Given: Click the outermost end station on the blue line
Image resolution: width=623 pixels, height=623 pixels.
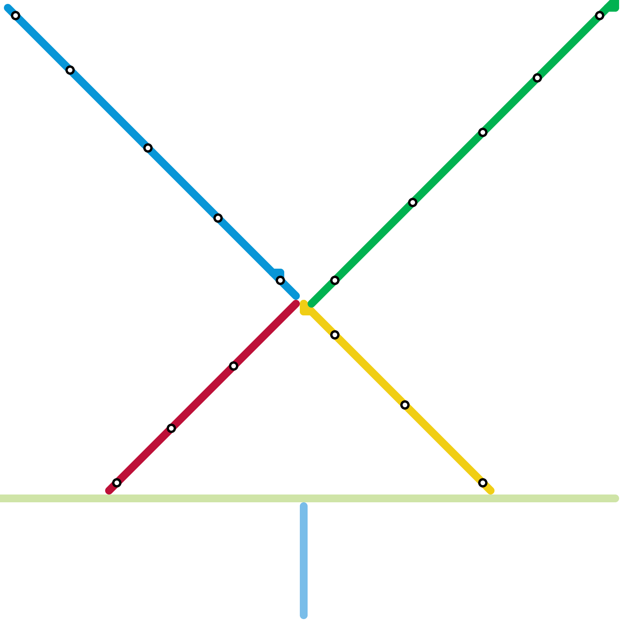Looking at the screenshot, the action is coord(16,16).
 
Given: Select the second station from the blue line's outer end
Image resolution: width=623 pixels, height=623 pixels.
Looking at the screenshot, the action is coord(70,70).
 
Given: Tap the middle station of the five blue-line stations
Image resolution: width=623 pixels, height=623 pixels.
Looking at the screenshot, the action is coord(148,148).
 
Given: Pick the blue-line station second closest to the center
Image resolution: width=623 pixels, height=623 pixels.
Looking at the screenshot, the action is coord(218,218).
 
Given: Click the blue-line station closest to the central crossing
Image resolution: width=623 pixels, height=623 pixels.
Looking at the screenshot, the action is coord(280,280).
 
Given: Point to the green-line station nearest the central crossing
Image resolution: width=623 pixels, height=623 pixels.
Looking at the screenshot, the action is coord(335,280).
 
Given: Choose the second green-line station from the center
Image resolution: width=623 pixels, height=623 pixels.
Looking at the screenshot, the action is coord(413,202).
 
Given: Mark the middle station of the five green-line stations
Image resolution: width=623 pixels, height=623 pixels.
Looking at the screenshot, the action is coord(483,132).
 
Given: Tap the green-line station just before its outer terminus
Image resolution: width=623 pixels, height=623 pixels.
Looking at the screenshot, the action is coord(537,78).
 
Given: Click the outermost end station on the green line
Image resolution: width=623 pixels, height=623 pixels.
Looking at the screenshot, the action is coord(600,16).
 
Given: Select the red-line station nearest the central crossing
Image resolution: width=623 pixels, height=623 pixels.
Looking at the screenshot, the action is coord(234,366).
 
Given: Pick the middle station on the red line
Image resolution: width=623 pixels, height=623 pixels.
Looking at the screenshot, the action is coord(171,428).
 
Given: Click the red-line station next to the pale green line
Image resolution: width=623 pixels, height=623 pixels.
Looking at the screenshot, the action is coord(117,483).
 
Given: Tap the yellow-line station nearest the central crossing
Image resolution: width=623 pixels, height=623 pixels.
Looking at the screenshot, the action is coord(335,335).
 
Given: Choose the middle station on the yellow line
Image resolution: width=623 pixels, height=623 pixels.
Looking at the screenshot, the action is coord(405,405).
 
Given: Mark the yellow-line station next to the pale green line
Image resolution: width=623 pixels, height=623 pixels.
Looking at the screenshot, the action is coord(483,483).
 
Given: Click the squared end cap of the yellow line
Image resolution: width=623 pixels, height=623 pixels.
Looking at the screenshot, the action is coord(304,310).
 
